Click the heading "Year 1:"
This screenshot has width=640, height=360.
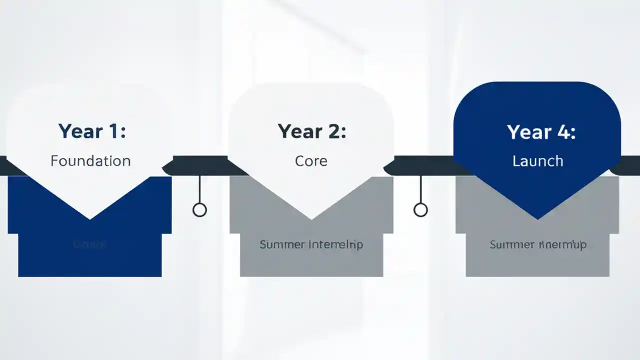point(92,131)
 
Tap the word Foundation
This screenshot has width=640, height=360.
point(90,161)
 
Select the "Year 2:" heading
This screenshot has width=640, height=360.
point(312,131)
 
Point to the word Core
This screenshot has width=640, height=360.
point(311,161)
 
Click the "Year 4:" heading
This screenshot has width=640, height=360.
point(541,132)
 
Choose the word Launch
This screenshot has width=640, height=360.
point(538,161)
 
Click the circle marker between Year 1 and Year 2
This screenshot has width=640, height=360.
point(199,209)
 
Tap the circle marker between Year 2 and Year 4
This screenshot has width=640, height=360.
point(420,209)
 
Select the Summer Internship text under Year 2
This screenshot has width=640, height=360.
point(311,244)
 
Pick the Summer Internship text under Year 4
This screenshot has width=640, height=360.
point(538,244)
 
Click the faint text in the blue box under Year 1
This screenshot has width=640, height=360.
point(90,244)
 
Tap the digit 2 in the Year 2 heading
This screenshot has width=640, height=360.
point(333,131)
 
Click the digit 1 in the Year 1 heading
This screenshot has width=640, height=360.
point(114,131)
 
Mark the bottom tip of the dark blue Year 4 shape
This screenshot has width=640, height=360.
point(538,218)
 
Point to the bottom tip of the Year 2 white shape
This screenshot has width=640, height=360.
point(311,218)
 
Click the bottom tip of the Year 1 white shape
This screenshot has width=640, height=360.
point(90,218)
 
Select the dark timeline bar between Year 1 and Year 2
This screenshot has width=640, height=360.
point(200,165)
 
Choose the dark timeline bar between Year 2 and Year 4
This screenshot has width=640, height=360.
point(422,165)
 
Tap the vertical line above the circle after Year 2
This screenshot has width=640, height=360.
point(420,189)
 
